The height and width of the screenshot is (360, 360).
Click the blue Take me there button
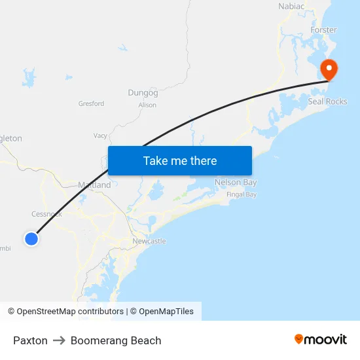click(x=180, y=160)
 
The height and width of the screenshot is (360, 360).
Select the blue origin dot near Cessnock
click(x=31, y=239)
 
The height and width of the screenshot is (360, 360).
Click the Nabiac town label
click(x=291, y=7)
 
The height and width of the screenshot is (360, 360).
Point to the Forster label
click(x=323, y=30)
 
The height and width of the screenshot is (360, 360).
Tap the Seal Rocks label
click(x=327, y=101)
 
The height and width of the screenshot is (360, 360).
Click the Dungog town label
click(x=143, y=93)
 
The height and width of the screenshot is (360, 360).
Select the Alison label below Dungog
click(x=147, y=105)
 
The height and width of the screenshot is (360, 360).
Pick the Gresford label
click(x=91, y=103)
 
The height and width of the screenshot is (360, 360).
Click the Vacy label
click(x=100, y=135)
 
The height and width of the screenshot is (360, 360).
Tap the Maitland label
click(x=94, y=185)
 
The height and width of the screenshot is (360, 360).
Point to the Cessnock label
click(x=46, y=214)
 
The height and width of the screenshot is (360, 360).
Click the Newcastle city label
click(x=149, y=241)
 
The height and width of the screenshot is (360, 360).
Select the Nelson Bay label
click(x=236, y=182)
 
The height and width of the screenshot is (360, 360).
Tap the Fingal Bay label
click(x=242, y=194)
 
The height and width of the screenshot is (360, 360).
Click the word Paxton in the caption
click(x=30, y=340)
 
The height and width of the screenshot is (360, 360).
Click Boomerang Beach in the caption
click(x=116, y=340)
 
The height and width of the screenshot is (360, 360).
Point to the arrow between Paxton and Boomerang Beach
click(x=59, y=340)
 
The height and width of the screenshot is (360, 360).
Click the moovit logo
click(x=321, y=339)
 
